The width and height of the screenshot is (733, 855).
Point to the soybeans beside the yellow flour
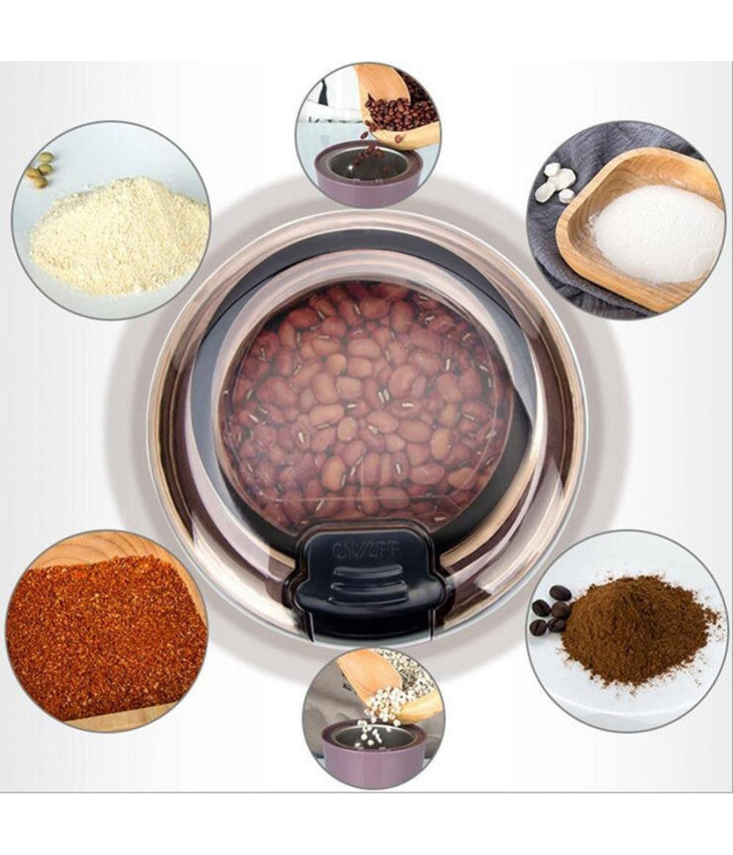click(41, 169)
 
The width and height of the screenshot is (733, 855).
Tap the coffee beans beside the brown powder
click(551, 609)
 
